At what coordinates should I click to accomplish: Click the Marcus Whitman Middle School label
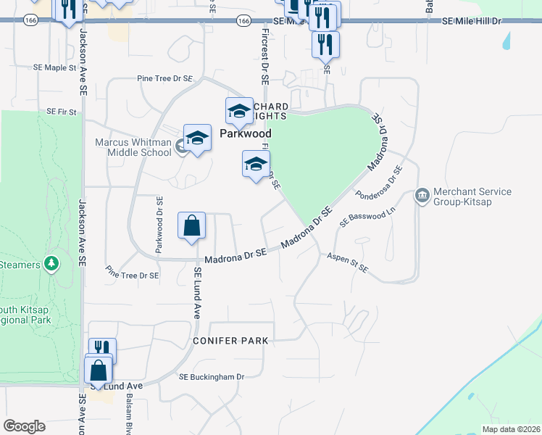(133, 147)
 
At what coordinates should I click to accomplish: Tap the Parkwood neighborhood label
(245, 133)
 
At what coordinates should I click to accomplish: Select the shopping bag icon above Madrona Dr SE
(192, 226)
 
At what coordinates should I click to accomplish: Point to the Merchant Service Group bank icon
(422, 196)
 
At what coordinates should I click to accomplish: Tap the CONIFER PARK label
(230, 340)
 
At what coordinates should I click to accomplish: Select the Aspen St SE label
(347, 263)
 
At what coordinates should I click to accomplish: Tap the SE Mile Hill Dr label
(472, 22)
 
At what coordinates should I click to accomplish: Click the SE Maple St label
(54, 67)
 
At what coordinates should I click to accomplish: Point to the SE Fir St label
(62, 112)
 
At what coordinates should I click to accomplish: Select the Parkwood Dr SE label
(159, 224)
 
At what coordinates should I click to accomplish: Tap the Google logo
(24, 426)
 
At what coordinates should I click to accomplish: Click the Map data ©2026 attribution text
(510, 429)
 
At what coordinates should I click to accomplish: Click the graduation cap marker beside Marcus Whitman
(196, 138)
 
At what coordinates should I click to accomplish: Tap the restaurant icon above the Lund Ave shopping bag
(102, 349)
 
